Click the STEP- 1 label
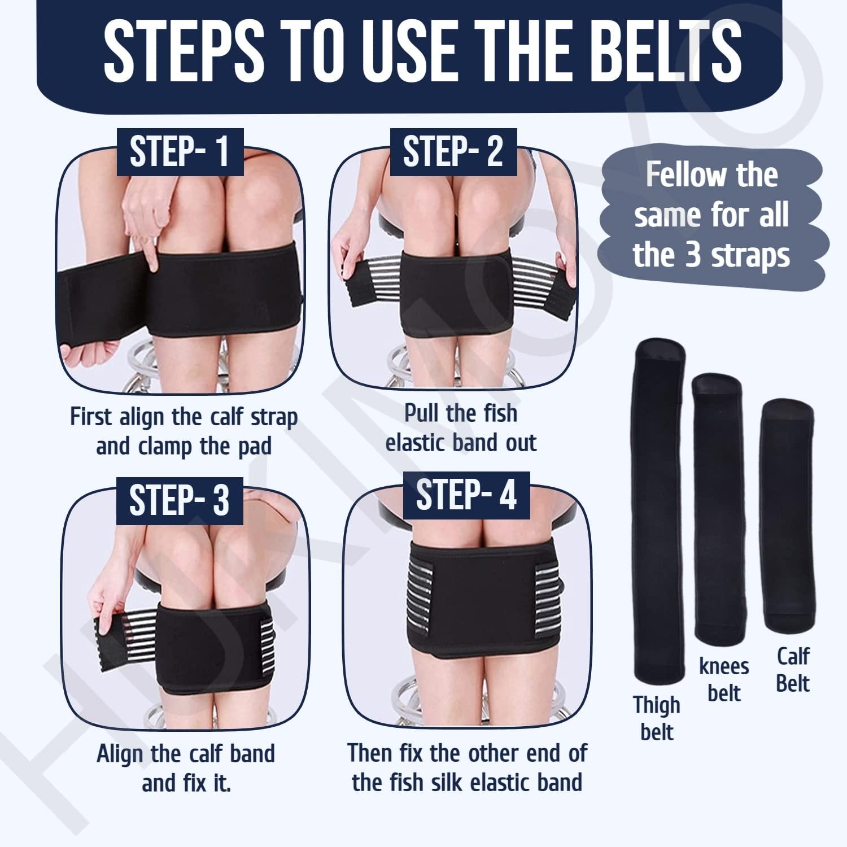click(x=179, y=151)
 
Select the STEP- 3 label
click(x=179, y=499)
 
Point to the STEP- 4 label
click(x=466, y=495)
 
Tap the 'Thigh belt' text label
click(x=657, y=718)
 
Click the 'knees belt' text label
click(x=724, y=679)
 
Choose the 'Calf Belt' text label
click(x=793, y=670)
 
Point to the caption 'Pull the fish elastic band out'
click(x=461, y=427)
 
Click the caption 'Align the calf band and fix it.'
click(x=186, y=769)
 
